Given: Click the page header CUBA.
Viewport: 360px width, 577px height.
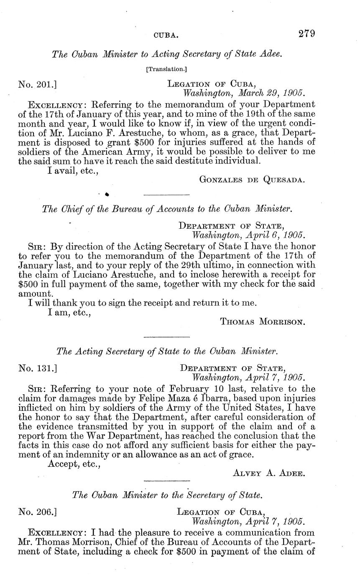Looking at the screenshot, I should (167, 36).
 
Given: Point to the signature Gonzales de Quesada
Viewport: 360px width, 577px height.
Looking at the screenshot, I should (252, 180).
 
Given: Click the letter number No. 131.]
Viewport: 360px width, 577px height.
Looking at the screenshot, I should (38, 368).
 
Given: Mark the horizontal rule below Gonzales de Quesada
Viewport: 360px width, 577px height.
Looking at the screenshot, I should (166, 194).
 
